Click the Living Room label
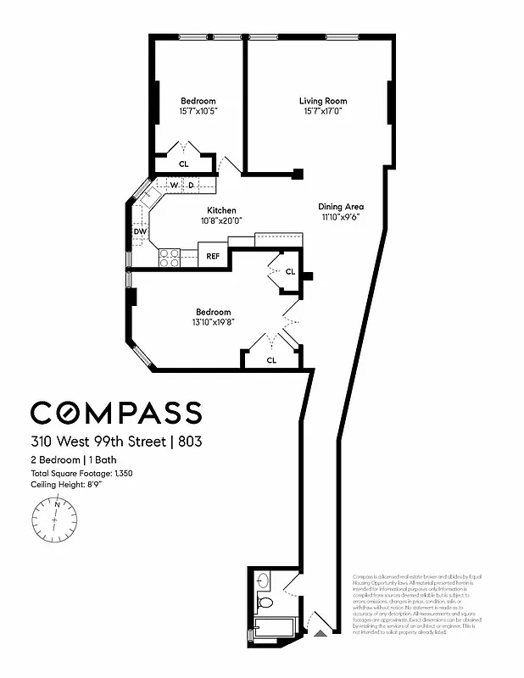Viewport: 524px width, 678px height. click(323, 102)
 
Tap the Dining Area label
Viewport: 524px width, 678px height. click(341, 206)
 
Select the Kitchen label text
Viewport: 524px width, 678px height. click(221, 210)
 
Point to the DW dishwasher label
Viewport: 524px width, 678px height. click(140, 231)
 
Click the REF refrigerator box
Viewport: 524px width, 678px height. click(213, 255)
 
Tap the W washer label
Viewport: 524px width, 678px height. click(173, 185)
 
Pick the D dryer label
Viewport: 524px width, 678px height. click(191, 185)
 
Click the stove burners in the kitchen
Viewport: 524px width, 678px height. click(169, 256)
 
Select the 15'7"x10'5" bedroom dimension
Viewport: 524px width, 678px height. click(198, 111)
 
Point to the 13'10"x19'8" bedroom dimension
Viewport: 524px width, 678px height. click(213, 322)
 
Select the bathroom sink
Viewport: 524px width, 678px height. click(262, 581)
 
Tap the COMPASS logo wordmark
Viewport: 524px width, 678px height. click(116, 413)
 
